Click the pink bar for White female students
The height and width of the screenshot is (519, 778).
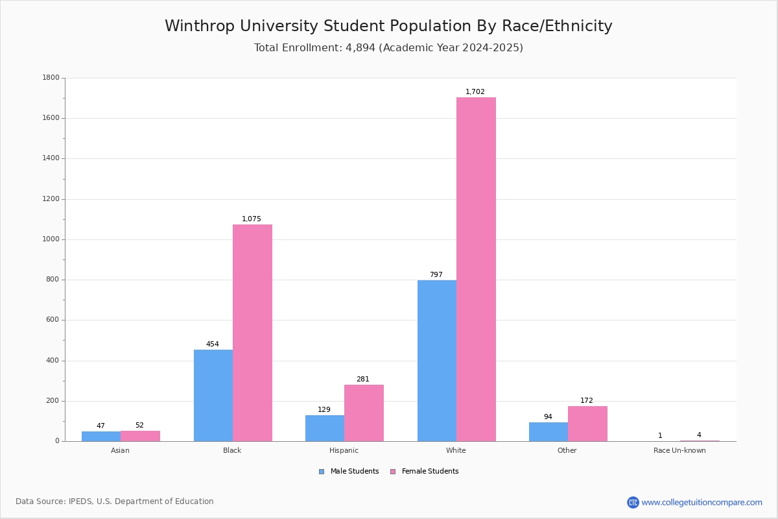(476, 269)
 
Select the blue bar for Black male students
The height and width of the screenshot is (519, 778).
(213, 396)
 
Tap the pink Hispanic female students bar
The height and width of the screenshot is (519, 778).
(364, 413)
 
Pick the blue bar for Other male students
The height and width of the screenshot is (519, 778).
(548, 432)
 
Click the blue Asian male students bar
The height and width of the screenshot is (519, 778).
(101, 436)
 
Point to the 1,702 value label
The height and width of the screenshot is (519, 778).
(475, 91)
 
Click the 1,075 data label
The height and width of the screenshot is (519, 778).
(251, 219)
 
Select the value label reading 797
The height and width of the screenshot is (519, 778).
(436, 274)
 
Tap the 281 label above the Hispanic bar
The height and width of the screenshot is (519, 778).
(363, 379)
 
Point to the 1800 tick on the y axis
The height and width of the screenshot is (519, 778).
(51, 77)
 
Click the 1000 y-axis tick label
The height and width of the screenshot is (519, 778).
(51, 239)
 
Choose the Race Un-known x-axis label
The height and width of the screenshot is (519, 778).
(679, 450)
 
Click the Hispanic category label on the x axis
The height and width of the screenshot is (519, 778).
(344, 450)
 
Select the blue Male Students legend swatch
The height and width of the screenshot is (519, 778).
(322, 472)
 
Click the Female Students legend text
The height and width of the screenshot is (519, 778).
(430, 471)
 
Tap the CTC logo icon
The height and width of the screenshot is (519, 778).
(633, 502)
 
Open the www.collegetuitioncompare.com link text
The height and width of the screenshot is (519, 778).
(701, 502)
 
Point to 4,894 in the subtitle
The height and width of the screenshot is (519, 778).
(360, 47)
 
